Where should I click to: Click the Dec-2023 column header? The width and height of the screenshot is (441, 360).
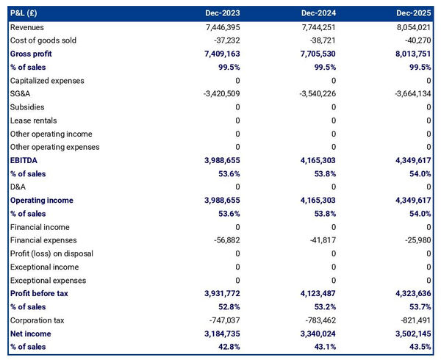[223, 13]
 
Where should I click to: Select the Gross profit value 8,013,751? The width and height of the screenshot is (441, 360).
[410, 54]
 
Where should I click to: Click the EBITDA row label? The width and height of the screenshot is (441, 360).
[25, 160]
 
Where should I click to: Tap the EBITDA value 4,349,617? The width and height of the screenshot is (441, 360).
[410, 160]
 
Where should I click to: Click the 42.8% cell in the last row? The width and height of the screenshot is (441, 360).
[226, 347]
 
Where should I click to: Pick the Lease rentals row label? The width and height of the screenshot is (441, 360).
[34, 120]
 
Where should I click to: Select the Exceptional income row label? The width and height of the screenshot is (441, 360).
[43, 267]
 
